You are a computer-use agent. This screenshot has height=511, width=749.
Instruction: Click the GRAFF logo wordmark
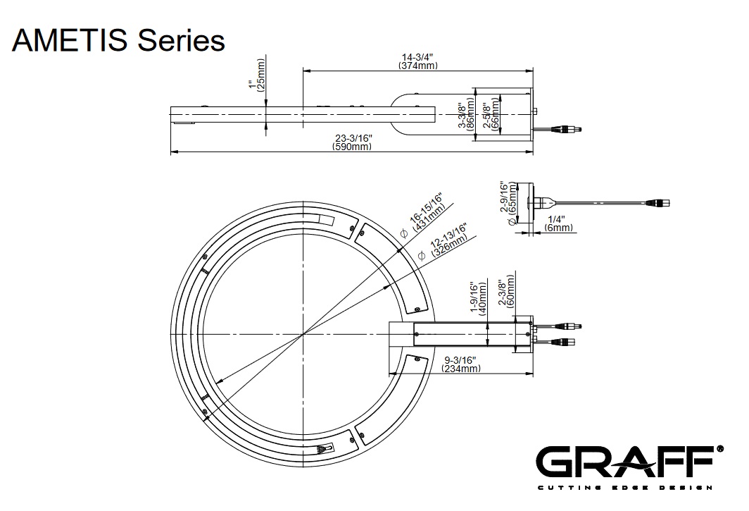coord(626,463)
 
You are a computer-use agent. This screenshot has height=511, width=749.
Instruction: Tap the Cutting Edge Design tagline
coord(626,488)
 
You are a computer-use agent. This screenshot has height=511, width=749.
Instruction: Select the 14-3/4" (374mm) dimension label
coord(417,61)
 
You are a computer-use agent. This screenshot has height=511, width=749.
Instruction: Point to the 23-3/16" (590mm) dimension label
coord(351,142)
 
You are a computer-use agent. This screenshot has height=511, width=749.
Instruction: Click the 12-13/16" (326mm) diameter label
coord(447,240)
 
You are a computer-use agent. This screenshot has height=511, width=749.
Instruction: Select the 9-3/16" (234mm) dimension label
coord(461,364)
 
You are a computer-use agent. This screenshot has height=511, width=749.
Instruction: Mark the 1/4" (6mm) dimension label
coord(559,223)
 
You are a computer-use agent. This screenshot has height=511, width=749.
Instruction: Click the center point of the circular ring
coord(303,333)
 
